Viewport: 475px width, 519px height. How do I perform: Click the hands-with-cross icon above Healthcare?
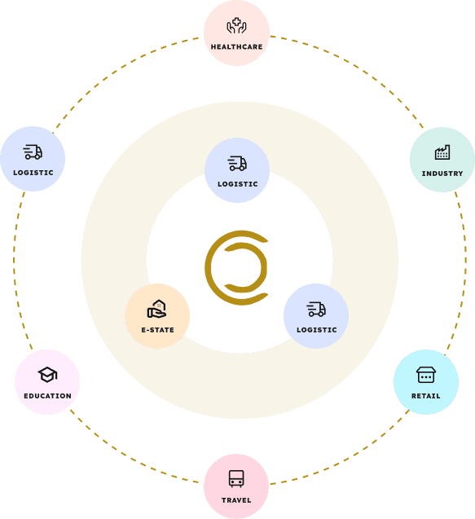click(x=236, y=26)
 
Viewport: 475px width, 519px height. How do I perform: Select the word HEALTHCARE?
click(x=236, y=47)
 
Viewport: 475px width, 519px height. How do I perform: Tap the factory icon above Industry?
click(x=442, y=152)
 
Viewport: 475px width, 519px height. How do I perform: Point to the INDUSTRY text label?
click(x=442, y=174)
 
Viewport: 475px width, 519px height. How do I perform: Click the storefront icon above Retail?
click(x=426, y=375)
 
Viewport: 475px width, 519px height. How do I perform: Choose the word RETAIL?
click(x=426, y=396)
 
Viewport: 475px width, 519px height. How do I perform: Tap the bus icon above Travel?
click(x=236, y=478)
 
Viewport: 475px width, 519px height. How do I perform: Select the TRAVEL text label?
click(x=236, y=500)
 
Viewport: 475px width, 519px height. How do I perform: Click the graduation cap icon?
click(x=47, y=375)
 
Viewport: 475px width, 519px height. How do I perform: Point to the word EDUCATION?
click(x=48, y=396)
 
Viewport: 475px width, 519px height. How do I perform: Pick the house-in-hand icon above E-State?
click(x=157, y=309)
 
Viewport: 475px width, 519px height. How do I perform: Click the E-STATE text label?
click(x=157, y=330)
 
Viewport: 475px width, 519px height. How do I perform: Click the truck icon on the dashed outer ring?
click(x=33, y=152)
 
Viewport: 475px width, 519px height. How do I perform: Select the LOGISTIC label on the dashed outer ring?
click(x=33, y=173)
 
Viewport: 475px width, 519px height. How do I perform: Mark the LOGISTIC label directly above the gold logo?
click(x=238, y=184)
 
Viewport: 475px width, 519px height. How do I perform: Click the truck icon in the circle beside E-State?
click(x=316, y=309)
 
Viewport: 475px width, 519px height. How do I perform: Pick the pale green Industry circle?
click(x=442, y=160)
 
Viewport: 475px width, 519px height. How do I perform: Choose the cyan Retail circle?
click(x=426, y=382)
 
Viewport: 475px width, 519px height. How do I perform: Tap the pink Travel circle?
click(x=236, y=486)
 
